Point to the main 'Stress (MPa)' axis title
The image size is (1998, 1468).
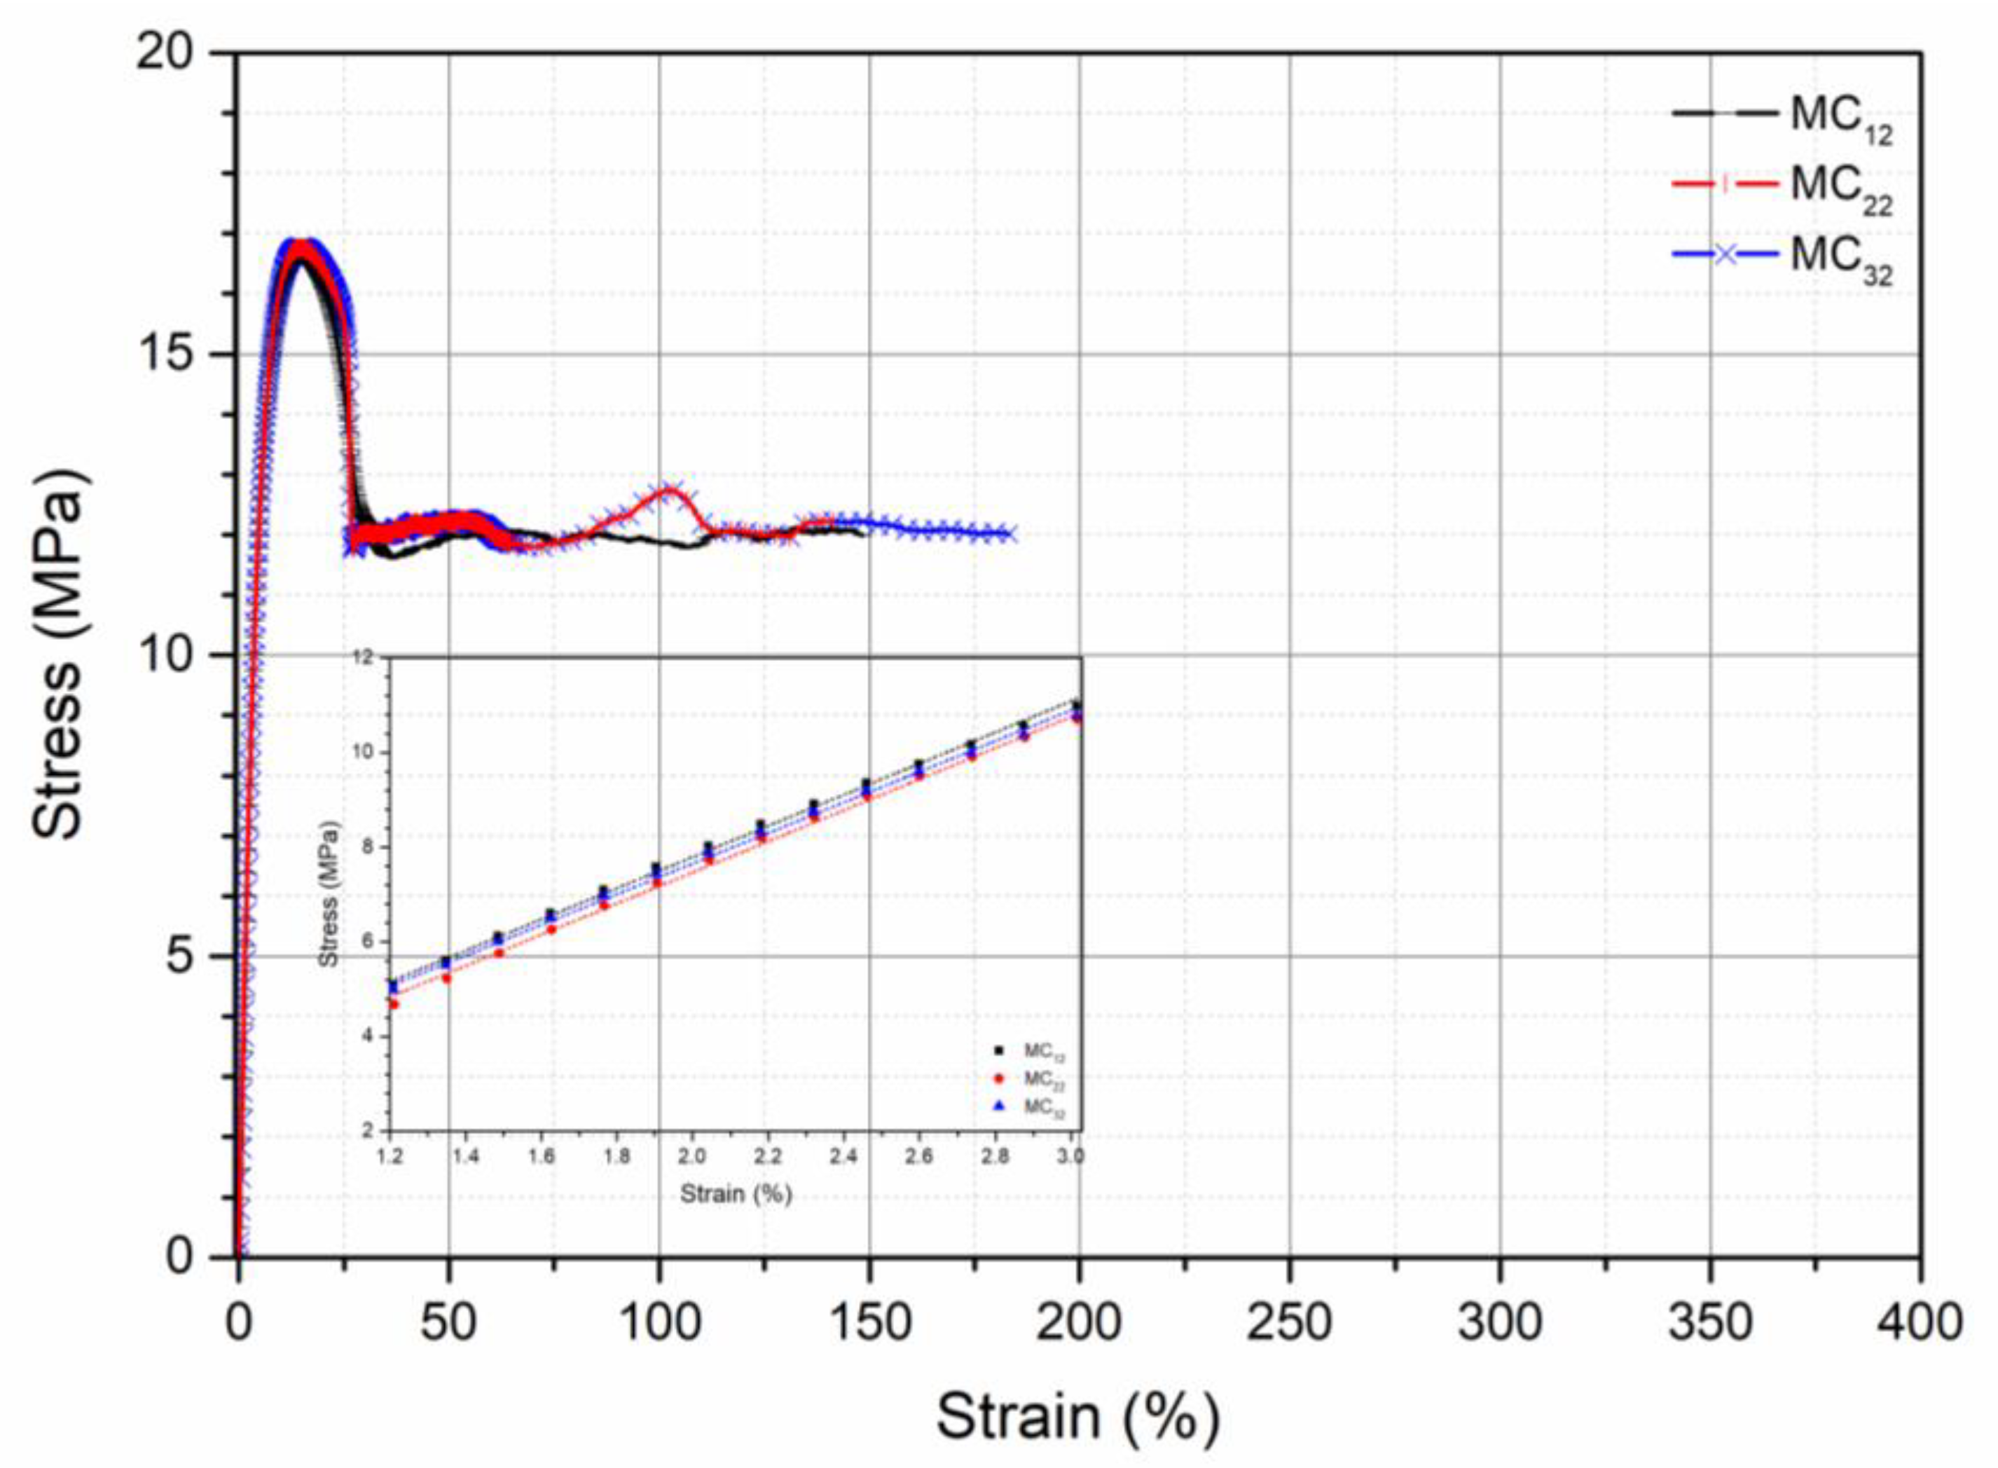pos(60,655)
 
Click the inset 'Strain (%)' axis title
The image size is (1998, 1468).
pos(736,1193)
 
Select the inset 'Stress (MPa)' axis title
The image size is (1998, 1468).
pos(329,893)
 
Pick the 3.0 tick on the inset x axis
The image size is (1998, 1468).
pos(1073,1157)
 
